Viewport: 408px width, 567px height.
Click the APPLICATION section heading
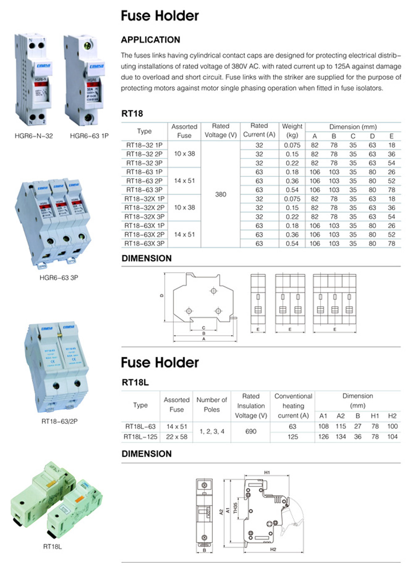pyautogui.click(x=150, y=40)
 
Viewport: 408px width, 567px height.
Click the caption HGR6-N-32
pyautogui.click(x=34, y=136)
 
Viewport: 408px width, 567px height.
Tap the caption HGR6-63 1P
pyautogui.click(x=89, y=136)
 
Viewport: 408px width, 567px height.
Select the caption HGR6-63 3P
pyautogui.click(x=59, y=277)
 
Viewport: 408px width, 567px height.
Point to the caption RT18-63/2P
pyautogui.click(x=60, y=421)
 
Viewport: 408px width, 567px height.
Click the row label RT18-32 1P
pyautogui.click(x=144, y=145)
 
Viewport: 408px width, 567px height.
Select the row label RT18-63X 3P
pyautogui.click(x=144, y=243)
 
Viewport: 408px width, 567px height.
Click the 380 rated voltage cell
pyautogui.click(x=221, y=194)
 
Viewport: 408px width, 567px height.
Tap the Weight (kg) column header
pyautogui.click(x=292, y=131)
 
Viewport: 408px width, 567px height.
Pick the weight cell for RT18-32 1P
pyautogui.click(x=292, y=145)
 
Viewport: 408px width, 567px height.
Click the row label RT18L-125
pyautogui.click(x=140, y=437)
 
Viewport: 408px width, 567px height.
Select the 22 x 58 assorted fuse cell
pyautogui.click(x=177, y=437)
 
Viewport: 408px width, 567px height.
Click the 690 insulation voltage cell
pyautogui.click(x=251, y=431)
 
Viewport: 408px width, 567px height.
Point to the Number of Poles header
pyautogui.click(x=211, y=405)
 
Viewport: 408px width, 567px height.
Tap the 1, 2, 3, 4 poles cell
pyautogui.click(x=211, y=431)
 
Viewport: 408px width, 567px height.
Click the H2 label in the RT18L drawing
pyautogui.click(x=273, y=550)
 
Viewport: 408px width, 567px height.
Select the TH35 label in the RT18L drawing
pyautogui.click(x=235, y=508)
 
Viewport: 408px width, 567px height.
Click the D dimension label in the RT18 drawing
pyautogui.click(x=162, y=296)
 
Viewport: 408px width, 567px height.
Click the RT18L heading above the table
pyautogui.click(x=135, y=382)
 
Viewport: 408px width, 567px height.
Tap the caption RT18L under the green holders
pyautogui.click(x=52, y=547)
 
